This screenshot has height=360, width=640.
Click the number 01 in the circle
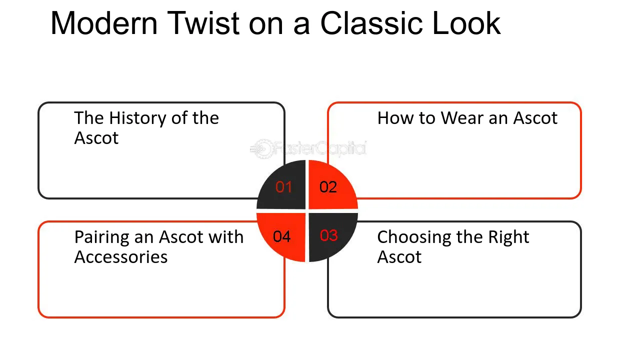point(283,187)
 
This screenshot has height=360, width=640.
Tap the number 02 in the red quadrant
point(328,187)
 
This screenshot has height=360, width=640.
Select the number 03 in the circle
point(329,235)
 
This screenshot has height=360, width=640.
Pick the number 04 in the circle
point(281,236)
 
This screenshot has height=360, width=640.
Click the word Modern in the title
point(104,23)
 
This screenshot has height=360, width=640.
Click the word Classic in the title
point(371,23)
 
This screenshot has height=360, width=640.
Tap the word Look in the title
point(466,23)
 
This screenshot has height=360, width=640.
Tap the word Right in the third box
point(508,237)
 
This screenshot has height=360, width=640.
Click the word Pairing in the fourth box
point(101,237)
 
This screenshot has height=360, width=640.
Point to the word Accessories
point(121,257)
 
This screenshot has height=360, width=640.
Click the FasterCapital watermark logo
point(308,148)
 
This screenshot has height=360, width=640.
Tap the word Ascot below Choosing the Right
point(399,257)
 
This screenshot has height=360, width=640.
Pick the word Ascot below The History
point(96,138)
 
